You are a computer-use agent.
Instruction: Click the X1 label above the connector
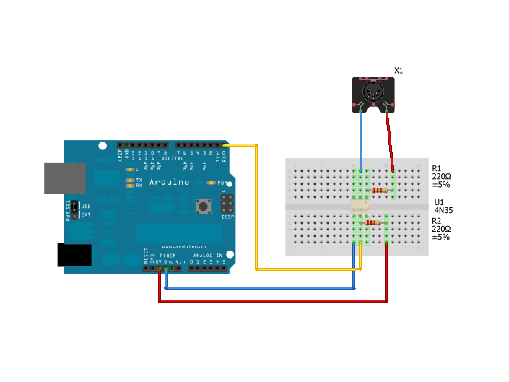point(399,71)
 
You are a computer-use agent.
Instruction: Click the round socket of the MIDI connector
point(374,93)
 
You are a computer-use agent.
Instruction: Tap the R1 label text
point(437,168)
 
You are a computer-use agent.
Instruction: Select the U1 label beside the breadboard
point(439,203)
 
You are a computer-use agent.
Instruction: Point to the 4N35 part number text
point(443,211)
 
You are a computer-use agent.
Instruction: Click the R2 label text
point(437,221)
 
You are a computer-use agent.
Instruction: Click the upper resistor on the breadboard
point(380,191)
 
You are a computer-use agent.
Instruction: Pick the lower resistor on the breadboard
point(373,222)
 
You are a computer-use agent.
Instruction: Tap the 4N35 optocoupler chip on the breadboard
point(360,207)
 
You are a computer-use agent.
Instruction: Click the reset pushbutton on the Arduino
point(204,207)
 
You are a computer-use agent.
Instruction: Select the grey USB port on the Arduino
point(64,178)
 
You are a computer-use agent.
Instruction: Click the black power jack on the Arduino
point(74,255)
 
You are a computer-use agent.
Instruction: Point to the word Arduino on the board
point(170,182)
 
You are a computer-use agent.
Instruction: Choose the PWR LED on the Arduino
point(211,183)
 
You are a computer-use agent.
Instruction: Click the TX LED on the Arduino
point(129,180)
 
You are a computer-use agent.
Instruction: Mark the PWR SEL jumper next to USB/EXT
point(74,209)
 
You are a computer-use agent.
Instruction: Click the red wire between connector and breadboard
point(390,141)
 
